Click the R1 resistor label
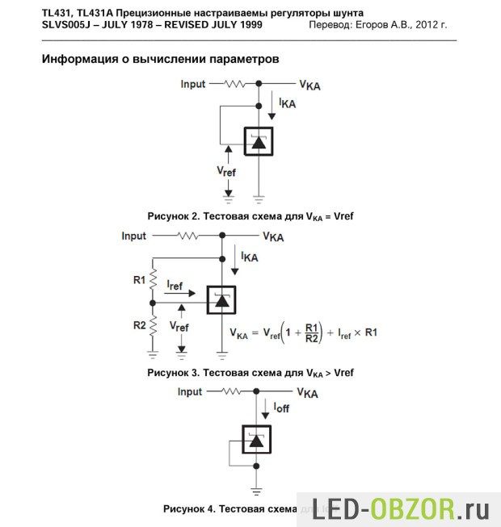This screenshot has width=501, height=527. pyautogui.click(x=138, y=280)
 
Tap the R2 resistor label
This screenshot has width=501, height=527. pyautogui.click(x=138, y=326)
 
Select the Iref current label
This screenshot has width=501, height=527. pyautogui.click(x=175, y=286)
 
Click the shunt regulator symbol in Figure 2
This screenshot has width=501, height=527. pyautogui.click(x=259, y=142)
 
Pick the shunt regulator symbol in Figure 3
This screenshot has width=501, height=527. pyautogui.click(x=221, y=300)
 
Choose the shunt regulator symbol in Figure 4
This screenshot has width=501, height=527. pyautogui.click(x=257, y=440)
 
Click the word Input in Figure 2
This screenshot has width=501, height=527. pyautogui.click(x=193, y=84)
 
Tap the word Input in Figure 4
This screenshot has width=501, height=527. pyautogui.click(x=190, y=391)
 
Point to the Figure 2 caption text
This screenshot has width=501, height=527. pyautogui.click(x=250, y=217)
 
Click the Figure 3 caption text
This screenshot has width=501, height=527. pyautogui.click(x=250, y=373)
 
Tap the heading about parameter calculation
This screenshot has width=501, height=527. pyautogui.click(x=162, y=60)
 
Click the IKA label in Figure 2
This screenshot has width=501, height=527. pyautogui.click(x=287, y=104)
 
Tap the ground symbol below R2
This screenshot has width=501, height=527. pyautogui.click(x=153, y=353)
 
